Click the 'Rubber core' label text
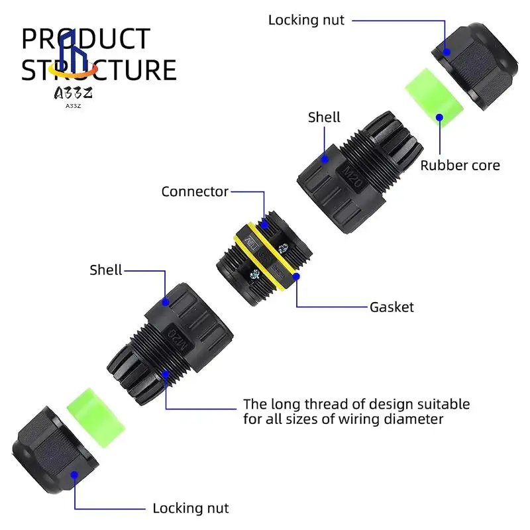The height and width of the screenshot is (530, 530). (x=460, y=165)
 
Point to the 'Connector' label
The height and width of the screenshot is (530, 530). (x=195, y=192)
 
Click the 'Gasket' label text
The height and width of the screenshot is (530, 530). (x=391, y=307)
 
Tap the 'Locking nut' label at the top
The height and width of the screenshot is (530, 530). (x=306, y=20)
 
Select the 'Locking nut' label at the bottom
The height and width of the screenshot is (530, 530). (x=190, y=508)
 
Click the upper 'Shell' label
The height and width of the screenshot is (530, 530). (x=324, y=117)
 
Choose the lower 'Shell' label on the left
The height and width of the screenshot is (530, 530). (x=106, y=270)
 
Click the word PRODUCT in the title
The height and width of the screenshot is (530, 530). (x=86, y=40)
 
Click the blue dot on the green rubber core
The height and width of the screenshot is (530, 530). (x=439, y=117)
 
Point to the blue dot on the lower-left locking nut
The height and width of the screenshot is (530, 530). (x=75, y=474)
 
